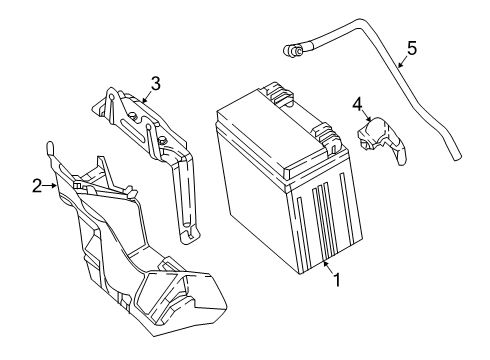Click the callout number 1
(x=337, y=280)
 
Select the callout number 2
(x=37, y=186)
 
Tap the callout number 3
(x=155, y=83)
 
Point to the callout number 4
(x=357, y=105)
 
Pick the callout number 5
(x=412, y=48)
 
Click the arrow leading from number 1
(x=329, y=268)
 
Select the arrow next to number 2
(x=50, y=186)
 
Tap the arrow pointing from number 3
(x=146, y=96)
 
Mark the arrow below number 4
(x=367, y=117)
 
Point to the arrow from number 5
(x=403, y=62)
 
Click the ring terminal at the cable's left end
(x=293, y=51)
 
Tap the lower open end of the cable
(x=457, y=156)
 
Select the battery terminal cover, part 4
(x=383, y=140)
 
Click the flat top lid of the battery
(x=271, y=132)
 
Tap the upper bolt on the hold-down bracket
(x=133, y=116)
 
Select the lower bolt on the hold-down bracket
(x=161, y=140)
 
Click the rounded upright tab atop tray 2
(x=49, y=148)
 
